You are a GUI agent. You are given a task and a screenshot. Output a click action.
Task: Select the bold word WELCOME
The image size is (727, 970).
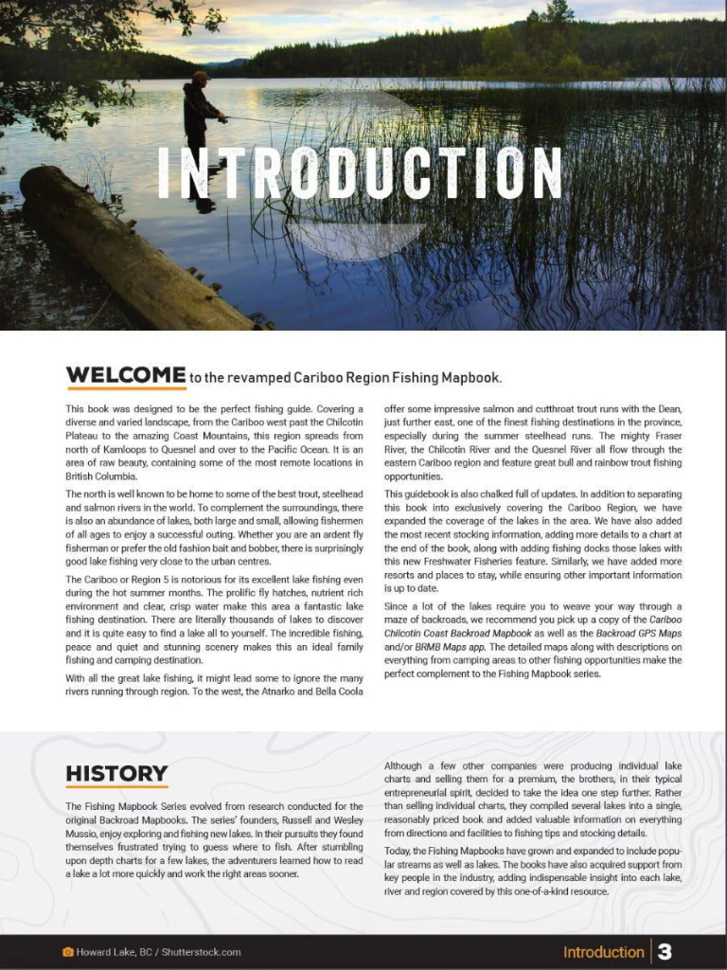pos(125,374)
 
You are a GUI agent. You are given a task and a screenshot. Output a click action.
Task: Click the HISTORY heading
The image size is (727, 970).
pos(116,773)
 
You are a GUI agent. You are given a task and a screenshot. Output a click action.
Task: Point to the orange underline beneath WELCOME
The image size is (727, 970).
pos(125,388)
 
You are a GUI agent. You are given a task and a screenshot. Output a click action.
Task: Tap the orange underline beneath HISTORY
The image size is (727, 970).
pos(116,786)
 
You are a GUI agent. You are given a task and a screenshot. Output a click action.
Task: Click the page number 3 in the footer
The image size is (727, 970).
pos(665,951)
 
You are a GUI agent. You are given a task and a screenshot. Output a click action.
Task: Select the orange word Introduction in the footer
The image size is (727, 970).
pos(603,952)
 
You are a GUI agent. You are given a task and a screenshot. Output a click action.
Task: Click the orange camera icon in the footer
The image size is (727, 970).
pos(67,952)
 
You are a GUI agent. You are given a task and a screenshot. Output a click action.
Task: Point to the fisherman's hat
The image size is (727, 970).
pos(200,75)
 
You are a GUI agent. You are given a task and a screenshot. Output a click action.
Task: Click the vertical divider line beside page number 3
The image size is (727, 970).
pos(650,951)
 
